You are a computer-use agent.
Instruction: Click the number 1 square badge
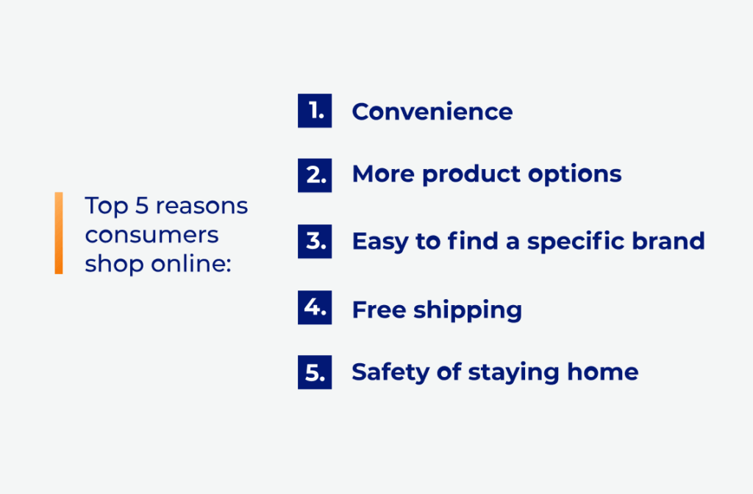coord(315,111)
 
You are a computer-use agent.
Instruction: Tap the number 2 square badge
coord(315,175)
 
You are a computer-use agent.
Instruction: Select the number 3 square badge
coord(315,241)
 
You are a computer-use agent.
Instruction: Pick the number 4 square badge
coord(315,307)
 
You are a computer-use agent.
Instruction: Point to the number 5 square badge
coord(315,372)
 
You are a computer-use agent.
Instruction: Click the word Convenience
coord(432,112)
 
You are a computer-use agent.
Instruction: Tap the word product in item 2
coord(471,175)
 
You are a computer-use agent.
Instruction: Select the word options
coord(575,175)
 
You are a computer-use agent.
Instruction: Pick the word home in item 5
coord(603,372)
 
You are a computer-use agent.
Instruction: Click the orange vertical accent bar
coord(59,233)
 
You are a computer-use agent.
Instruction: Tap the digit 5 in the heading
coord(142,206)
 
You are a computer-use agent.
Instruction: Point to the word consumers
coord(151,235)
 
